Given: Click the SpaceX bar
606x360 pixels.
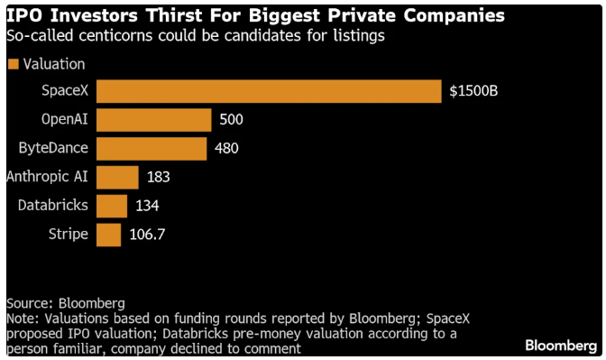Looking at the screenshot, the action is point(269,91).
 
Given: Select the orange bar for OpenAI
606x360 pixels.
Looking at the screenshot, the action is point(154,120).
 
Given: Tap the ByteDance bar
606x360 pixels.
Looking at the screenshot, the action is point(151,149).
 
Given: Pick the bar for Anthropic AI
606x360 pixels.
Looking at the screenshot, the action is point(117,178).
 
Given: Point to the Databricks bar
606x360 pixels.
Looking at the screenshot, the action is point(112,206).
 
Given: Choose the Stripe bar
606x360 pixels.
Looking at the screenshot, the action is point(108,235).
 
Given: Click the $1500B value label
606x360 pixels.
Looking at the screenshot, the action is point(473,91).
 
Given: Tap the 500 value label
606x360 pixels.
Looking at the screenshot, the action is point(231,119).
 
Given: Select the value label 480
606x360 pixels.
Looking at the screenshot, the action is point(226,148).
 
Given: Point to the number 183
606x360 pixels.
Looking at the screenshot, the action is point(159,177).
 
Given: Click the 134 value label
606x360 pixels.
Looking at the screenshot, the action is point(147,206).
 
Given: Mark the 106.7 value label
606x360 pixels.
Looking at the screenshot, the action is point(147,235).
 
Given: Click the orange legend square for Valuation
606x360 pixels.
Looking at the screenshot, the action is point(14,64).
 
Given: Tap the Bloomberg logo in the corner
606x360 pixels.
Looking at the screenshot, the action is point(561,346).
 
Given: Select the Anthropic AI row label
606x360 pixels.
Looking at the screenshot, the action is point(47,177).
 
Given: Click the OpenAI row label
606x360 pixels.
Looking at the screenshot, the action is point(65,119).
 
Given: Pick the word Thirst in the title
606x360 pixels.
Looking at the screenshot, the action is point(175,16).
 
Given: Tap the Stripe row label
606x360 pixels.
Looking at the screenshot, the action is point(69,235).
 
